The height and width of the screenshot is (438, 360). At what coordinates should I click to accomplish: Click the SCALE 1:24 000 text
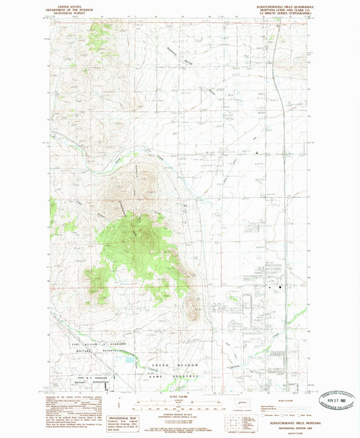click(x=180, y=395)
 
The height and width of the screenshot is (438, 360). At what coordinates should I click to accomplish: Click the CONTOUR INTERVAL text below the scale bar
click(x=180, y=413)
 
